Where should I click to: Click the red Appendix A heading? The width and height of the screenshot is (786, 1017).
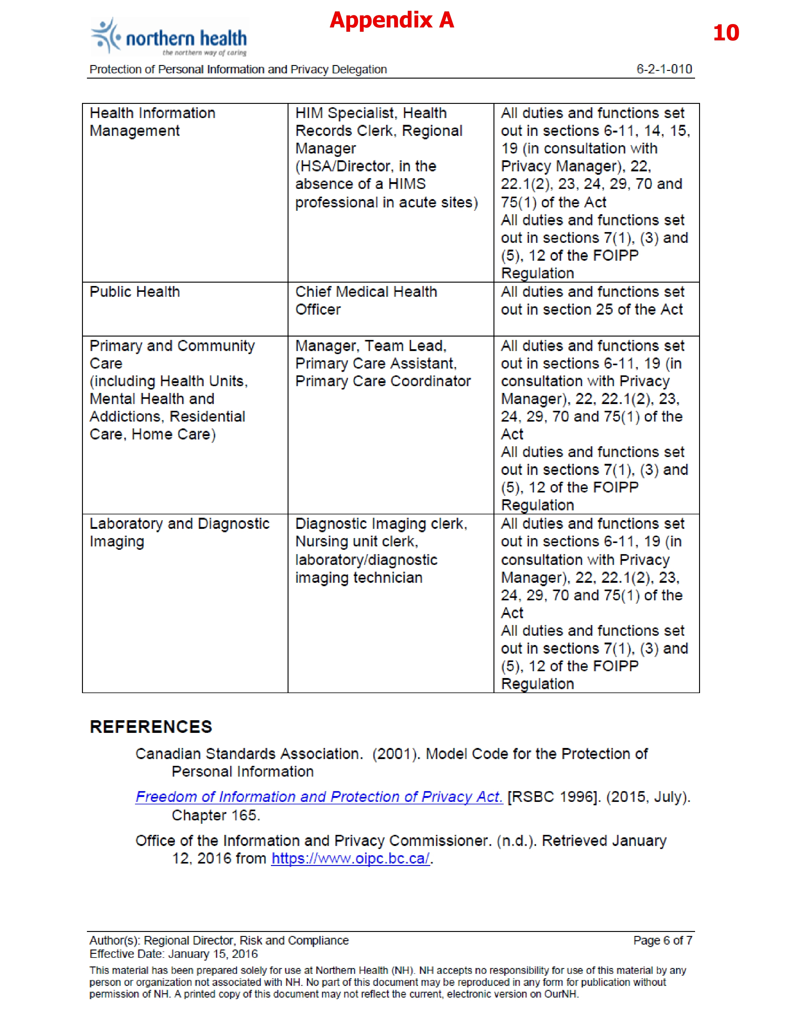[x=391, y=20]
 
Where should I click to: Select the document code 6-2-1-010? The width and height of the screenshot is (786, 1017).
[x=664, y=69]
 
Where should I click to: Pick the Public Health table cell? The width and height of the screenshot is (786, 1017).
[x=135, y=292]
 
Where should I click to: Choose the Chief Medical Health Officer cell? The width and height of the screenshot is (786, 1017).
[x=366, y=300]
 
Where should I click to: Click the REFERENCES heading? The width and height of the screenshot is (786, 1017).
[x=151, y=727]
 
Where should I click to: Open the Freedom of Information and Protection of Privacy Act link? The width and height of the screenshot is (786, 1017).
[x=319, y=797]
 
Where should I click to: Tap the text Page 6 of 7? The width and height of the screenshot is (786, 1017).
[x=662, y=940]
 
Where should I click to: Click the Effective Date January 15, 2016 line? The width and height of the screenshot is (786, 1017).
[x=173, y=954]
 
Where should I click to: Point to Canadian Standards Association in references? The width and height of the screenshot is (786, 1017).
[x=249, y=754]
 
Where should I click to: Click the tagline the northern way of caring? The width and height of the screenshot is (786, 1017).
[x=204, y=53]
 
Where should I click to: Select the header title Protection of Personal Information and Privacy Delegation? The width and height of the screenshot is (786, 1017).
[x=238, y=69]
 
